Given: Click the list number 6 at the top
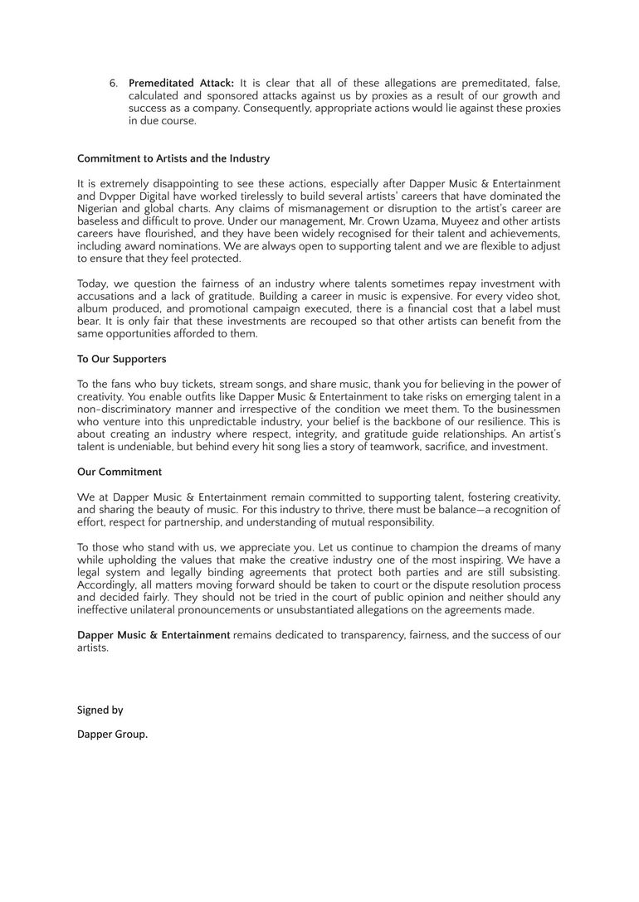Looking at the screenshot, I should (x=113, y=83).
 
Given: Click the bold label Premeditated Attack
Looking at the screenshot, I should (x=181, y=83).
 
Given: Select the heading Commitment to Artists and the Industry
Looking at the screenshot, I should (x=173, y=158).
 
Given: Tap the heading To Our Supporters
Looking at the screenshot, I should (x=122, y=359).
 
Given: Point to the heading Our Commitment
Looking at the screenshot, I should (x=120, y=472).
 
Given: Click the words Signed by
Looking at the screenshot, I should (x=100, y=710).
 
